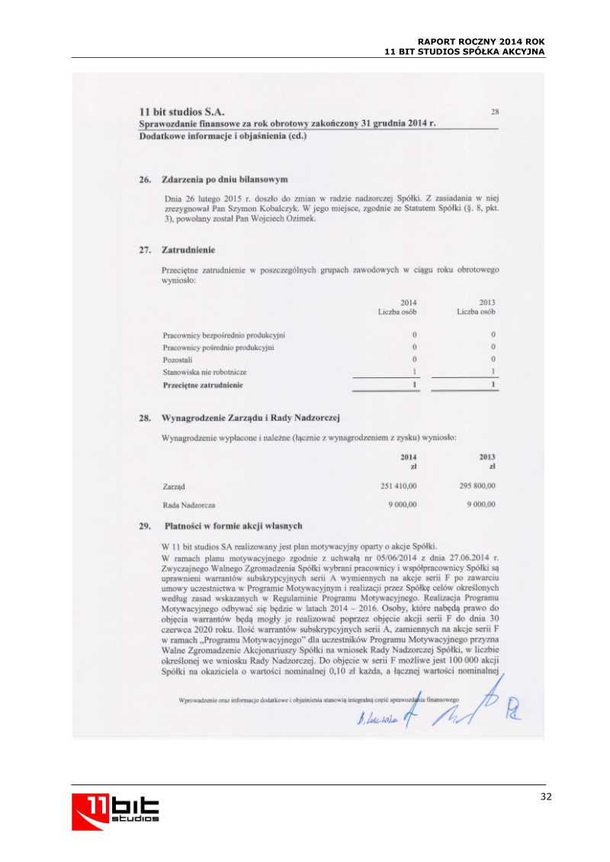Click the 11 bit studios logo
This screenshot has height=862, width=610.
[x=116, y=810]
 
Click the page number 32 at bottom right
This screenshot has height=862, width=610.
[x=544, y=796]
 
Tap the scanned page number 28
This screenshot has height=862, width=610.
[x=495, y=112]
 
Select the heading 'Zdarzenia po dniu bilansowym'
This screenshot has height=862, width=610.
[x=224, y=180]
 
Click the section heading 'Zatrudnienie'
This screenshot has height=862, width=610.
[x=188, y=250]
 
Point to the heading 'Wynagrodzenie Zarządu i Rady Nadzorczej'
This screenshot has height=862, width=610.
[x=250, y=418]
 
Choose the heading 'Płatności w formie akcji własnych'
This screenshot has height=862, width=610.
[x=233, y=525]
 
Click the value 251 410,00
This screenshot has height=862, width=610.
[x=398, y=485]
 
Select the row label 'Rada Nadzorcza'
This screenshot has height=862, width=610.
[x=189, y=505]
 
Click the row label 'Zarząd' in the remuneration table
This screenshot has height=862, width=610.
[x=175, y=485]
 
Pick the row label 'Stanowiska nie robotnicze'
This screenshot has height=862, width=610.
[x=204, y=372]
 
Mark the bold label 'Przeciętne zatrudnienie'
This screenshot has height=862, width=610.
[x=203, y=386]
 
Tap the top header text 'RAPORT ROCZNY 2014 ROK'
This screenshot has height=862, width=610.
[x=482, y=41]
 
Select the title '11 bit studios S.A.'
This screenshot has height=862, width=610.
[x=181, y=113]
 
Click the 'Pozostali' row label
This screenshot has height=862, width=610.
[x=178, y=359]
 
